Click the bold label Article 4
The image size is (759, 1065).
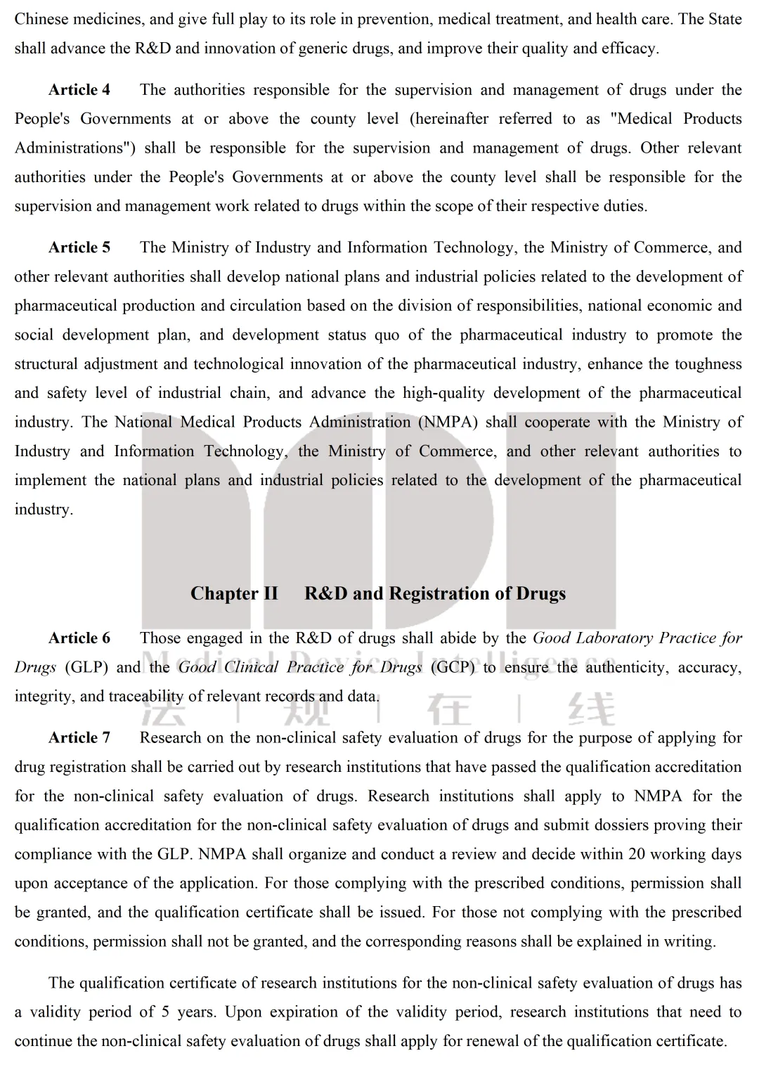pos(79,90)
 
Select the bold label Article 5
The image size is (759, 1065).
pos(79,247)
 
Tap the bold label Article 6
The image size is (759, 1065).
pos(79,638)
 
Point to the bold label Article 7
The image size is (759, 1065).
pos(79,738)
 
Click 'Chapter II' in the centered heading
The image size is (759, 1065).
pos(234,594)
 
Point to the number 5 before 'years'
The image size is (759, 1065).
pos(165,1012)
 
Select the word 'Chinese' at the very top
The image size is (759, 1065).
pos(41,19)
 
